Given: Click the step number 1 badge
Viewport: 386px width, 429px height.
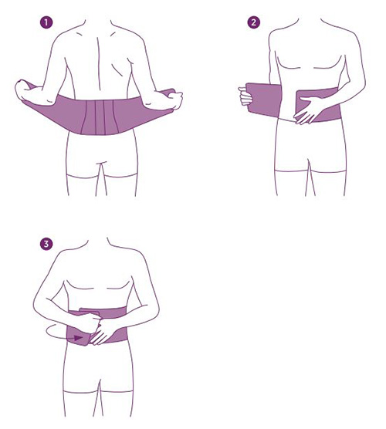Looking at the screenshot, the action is tap(46, 22).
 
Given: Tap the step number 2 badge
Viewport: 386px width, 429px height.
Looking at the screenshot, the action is tap(253, 22).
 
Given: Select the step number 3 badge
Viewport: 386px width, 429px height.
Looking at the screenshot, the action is tap(46, 244).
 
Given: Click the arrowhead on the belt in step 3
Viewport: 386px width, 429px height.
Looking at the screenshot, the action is tap(79, 338).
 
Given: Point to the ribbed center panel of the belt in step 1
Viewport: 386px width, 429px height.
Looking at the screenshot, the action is tap(100, 117).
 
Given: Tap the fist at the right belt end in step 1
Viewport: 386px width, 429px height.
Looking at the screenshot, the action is tap(174, 100).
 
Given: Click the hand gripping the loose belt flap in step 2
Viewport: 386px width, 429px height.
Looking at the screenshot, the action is tap(245, 96).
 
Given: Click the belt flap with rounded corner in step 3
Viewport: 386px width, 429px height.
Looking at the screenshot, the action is tap(77, 336).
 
